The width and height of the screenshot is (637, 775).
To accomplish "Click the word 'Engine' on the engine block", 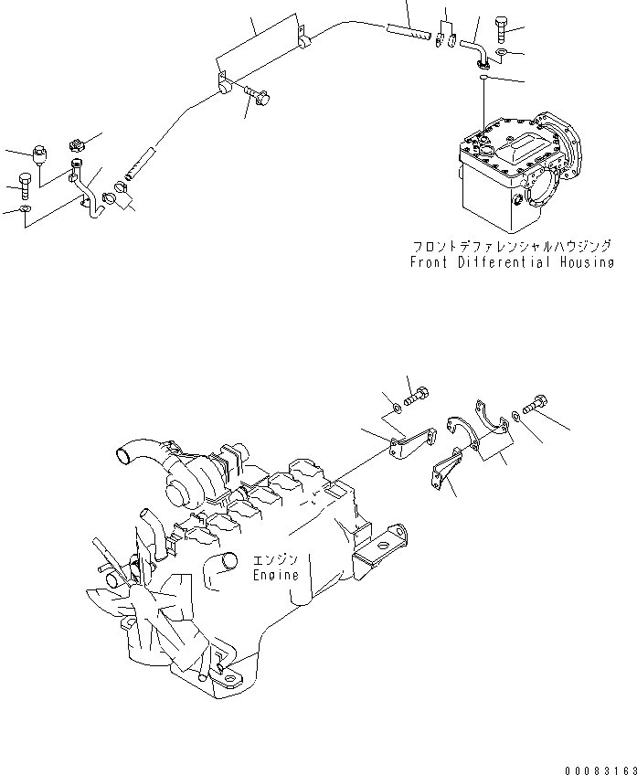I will (x=276, y=576).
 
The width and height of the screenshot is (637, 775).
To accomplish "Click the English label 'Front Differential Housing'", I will (x=511, y=262).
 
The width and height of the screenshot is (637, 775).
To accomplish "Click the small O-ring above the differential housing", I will (x=482, y=80).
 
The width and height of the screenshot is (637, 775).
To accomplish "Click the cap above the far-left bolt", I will (x=40, y=153).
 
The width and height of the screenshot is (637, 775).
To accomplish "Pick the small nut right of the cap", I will (x=78, y=143).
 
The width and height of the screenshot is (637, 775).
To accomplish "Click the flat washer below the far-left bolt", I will (x=26, y=212).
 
